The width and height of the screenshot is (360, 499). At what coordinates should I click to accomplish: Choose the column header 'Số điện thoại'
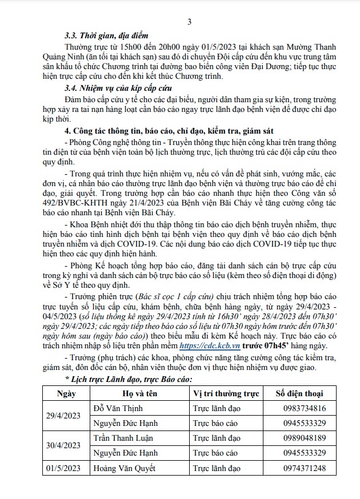click(x=299, y=393)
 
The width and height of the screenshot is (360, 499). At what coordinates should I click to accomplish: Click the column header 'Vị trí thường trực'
click(x=225, y=393)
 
